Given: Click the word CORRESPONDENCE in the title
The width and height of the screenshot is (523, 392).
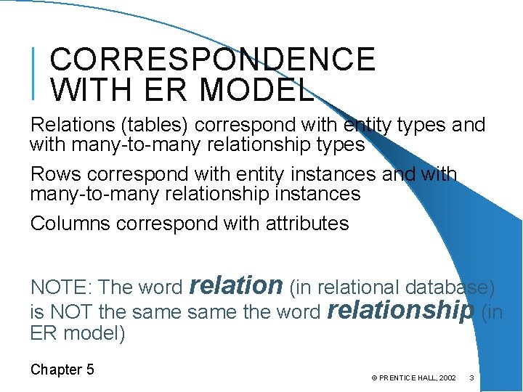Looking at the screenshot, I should [x=213, y=60].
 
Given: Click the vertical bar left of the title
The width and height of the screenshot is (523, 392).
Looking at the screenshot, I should [x=35, y=73].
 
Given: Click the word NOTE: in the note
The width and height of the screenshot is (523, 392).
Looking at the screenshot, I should [x=60, y=287].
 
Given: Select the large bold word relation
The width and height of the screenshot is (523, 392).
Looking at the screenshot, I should [x=235, y=285].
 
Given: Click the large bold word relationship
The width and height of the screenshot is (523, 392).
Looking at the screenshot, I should [x=400, y=310].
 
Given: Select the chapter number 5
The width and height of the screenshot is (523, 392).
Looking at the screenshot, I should [x=90, y=369].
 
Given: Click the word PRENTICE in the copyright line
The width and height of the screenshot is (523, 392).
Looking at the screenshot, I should [x=400, y=378].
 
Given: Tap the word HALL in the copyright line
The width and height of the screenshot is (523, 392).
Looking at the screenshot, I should [x=431, y=378].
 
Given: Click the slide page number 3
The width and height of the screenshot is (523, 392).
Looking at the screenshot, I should [x=472, y=378].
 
